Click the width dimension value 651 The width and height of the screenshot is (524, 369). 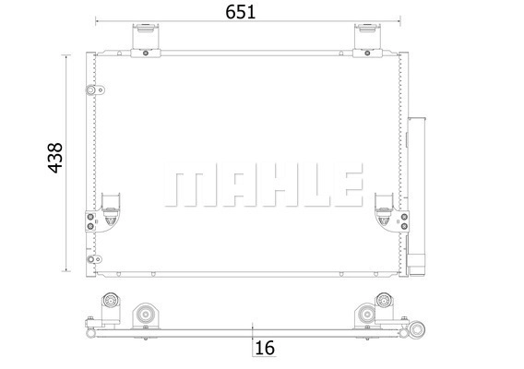pos(240,12)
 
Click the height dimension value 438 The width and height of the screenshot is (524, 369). pos(55,158)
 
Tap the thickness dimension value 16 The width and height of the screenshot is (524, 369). pos(265,348)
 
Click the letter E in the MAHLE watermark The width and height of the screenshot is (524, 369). pos(349,184)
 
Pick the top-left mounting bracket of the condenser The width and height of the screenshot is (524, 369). pos(146,41)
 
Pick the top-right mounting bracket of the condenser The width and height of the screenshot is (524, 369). pos(367,41)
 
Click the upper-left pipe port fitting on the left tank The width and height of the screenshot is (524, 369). pos(95,89)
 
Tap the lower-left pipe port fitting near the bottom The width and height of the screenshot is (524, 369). pos(94,259)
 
